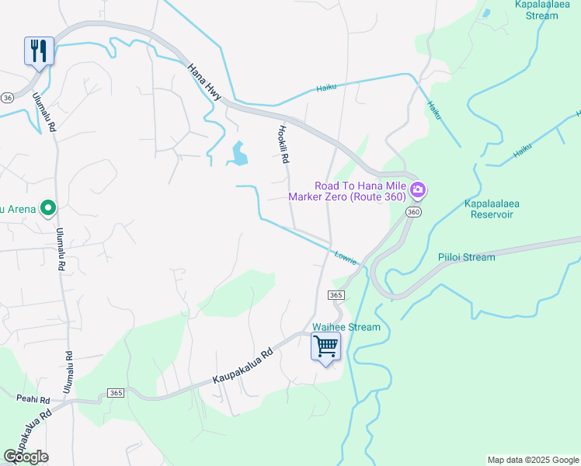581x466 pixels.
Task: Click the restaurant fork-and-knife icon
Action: click(x=39, y=51)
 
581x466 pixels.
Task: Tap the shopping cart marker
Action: click(x=325, y=346)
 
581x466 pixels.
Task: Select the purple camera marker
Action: click(x=418, y=190)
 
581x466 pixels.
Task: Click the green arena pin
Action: click(x=47, y=208)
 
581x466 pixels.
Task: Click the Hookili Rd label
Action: click(x=284, y=144)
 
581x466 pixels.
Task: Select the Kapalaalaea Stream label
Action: click(x=548, y=9)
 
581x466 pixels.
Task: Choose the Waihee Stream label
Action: click(x=346, y=327)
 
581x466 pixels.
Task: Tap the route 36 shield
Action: click(x=8, y=98)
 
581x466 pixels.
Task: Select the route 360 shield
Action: click(x=415, y=212)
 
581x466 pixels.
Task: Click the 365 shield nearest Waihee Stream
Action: click(x=336, y=295)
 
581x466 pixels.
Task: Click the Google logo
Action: click(x=26, y=457)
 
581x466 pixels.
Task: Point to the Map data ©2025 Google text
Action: click(x=532, y=460)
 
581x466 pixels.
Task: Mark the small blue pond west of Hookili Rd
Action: click(x=238, y=154)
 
